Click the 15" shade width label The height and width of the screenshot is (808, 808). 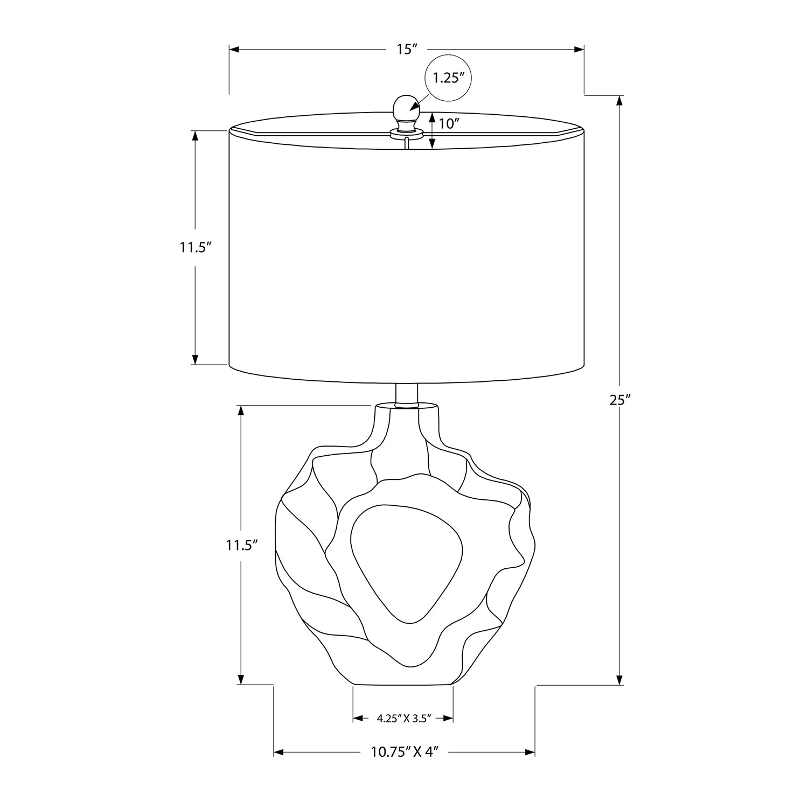(407, 50)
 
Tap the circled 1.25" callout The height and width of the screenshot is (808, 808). (449, 78)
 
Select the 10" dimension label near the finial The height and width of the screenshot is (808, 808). (448, 124)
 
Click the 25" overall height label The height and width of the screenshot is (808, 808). (621, 400)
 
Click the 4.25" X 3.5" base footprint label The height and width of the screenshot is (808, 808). (402, 718)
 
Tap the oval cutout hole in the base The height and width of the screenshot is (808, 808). (406, 560)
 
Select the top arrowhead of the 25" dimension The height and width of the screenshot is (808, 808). (620, 101)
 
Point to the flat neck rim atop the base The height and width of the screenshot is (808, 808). (406, 405)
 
